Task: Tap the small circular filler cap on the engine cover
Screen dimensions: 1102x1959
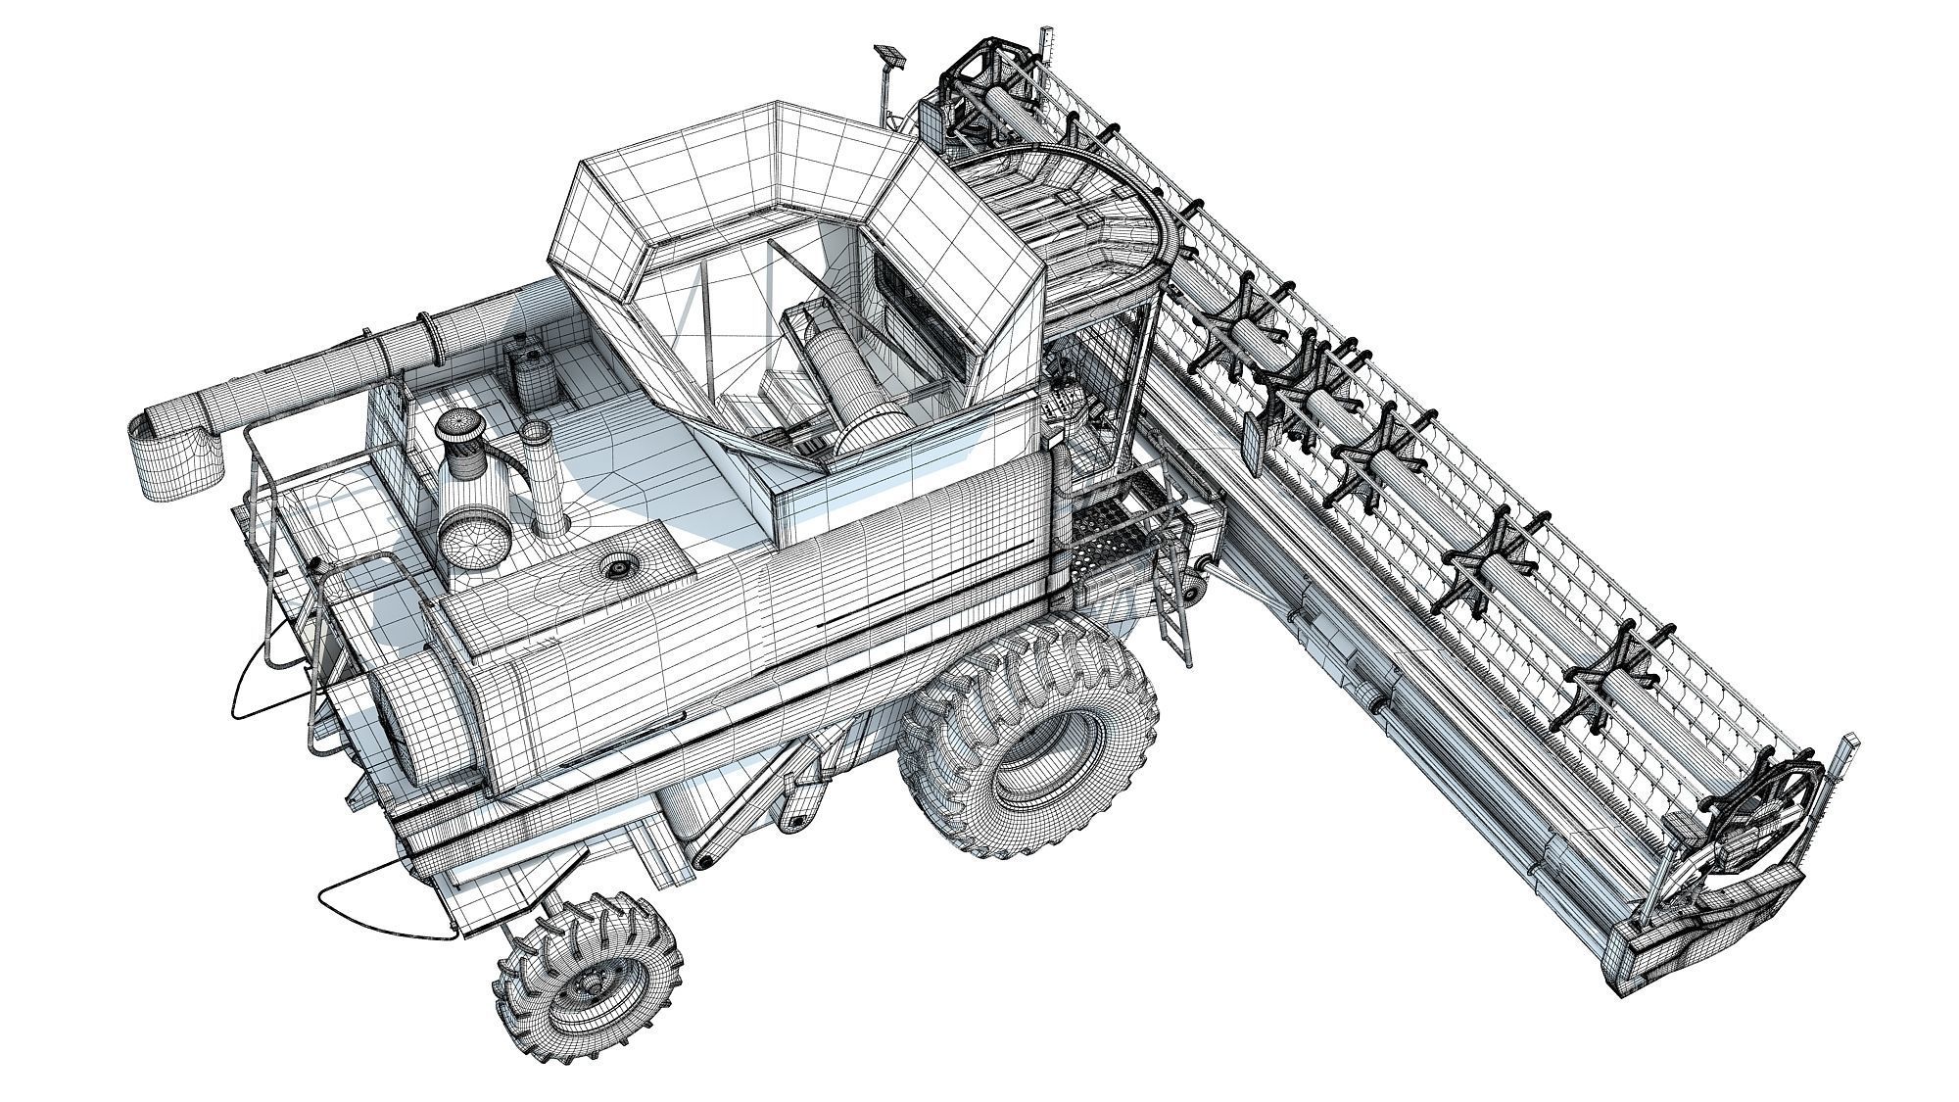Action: coord(618,566)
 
